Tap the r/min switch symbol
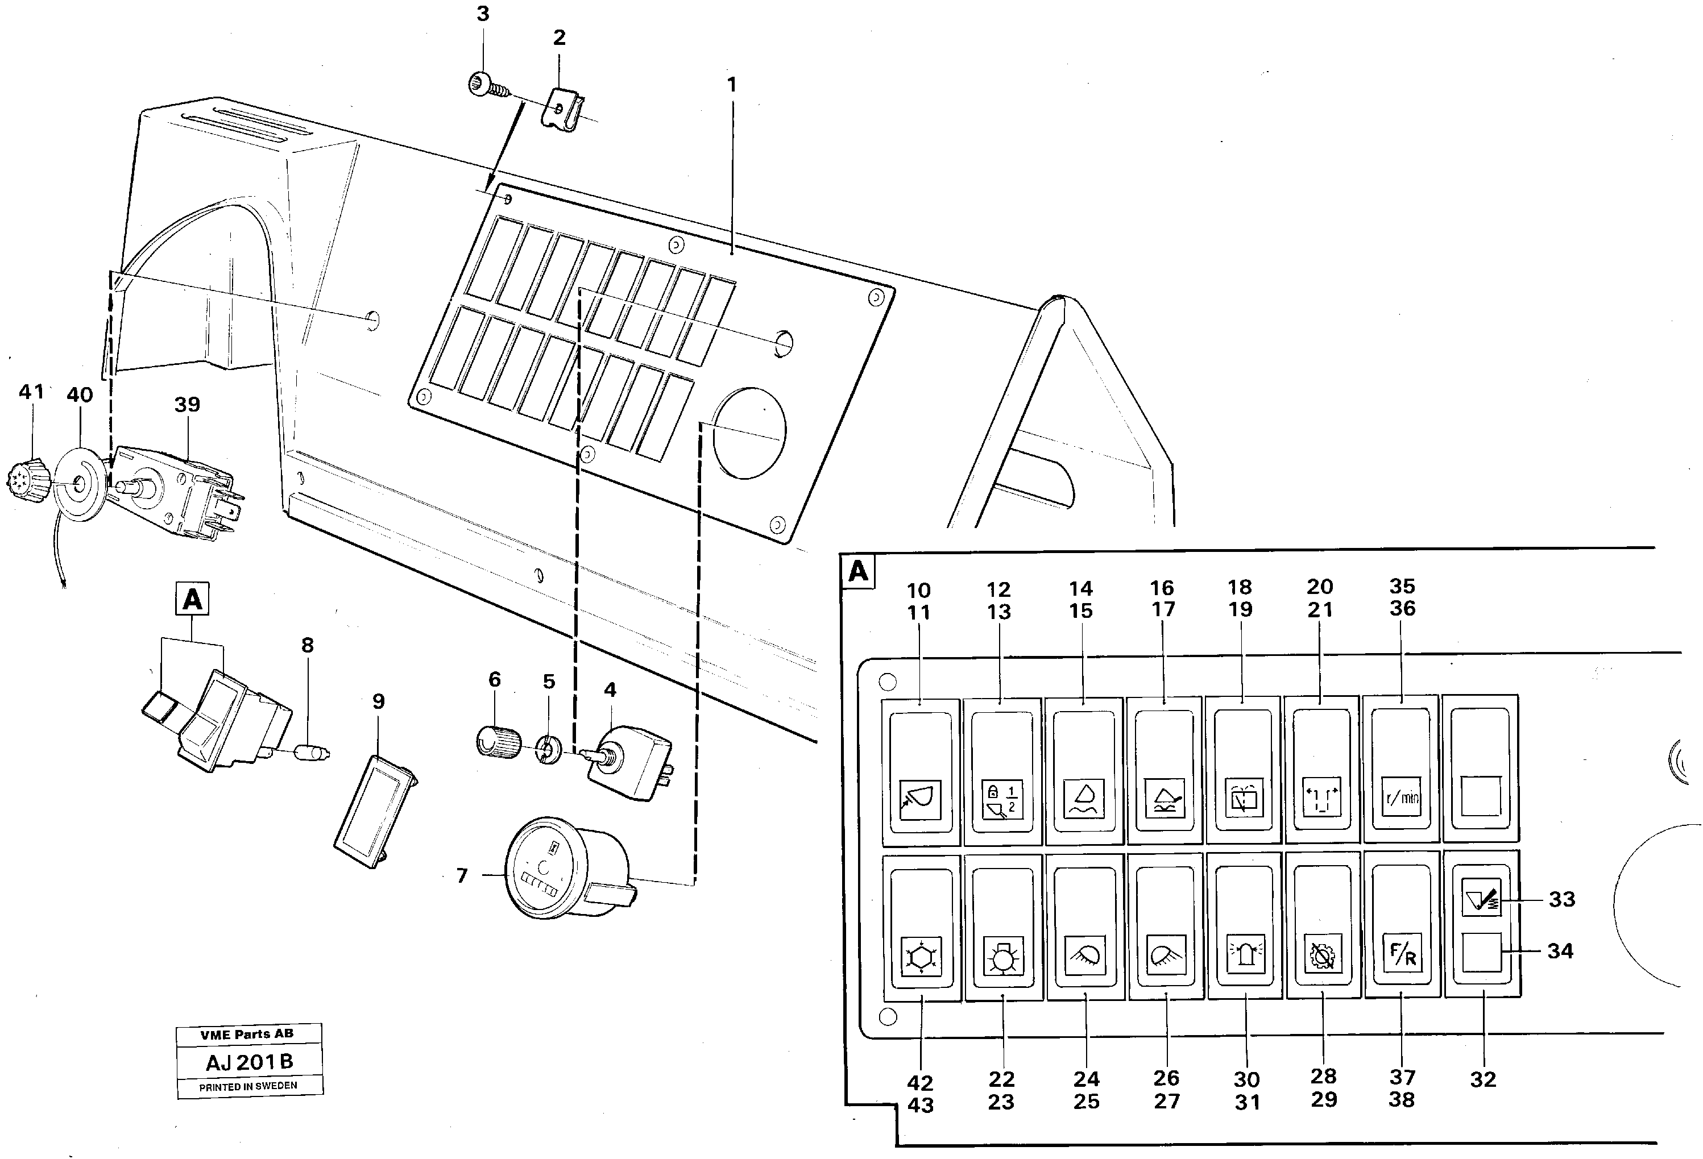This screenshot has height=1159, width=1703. point(1401,796)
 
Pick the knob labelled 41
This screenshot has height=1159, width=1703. point(30,482)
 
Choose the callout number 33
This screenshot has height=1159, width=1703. point(1561,899)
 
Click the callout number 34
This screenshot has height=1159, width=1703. point(1561,950)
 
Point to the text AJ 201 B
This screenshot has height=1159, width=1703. point(249,1062)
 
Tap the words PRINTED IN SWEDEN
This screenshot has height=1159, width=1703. point(248,1086)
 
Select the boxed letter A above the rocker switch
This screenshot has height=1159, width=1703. point(192,599)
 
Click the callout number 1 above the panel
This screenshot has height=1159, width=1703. point(731,85)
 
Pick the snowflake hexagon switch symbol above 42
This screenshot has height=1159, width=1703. point(919,957)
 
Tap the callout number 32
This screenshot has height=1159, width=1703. point(1483,1079)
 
